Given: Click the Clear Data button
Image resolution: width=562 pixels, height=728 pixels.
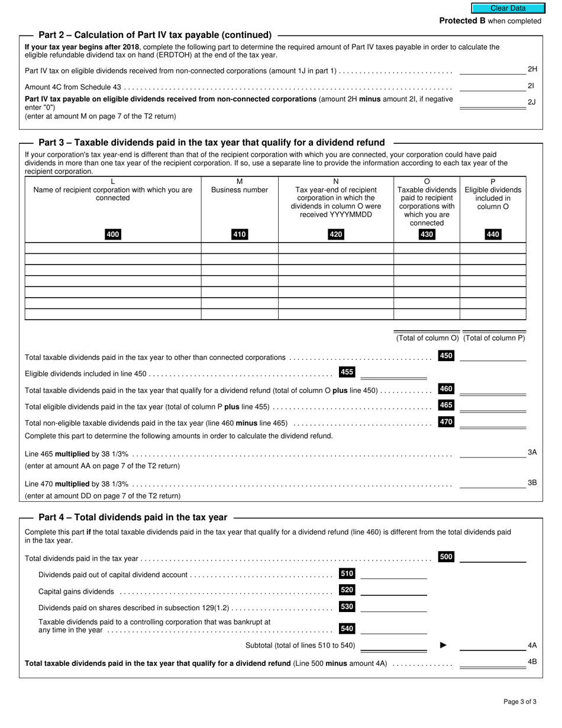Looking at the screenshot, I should click(508, 8).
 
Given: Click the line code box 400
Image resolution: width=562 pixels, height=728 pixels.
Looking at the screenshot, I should click(112, 234).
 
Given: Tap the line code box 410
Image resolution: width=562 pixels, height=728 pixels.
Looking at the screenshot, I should click(239, 234).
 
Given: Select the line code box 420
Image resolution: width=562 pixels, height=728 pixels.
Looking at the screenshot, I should click(335, 234).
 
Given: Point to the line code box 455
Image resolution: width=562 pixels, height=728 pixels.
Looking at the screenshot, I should click(347, 372).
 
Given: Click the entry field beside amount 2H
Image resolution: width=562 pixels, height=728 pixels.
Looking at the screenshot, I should click(492, 70).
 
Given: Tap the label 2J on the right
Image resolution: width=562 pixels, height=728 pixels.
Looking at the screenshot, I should click(531, 102).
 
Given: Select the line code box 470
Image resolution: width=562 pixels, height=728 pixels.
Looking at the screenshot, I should click(446, 422).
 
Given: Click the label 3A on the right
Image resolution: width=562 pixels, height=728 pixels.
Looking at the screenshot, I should click(532, 452).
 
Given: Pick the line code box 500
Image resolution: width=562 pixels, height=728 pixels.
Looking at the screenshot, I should click(446, 557).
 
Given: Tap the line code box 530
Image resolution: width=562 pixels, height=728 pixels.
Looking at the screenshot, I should click(347, 607).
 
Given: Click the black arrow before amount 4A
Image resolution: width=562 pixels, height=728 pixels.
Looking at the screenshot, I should click(443, 645).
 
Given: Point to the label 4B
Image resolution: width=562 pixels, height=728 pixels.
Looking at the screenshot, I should click(532, 661).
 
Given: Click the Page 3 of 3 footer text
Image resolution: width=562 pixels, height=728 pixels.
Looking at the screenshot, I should click(520, 702).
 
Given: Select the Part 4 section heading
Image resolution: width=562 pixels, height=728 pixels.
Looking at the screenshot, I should click(133, 517).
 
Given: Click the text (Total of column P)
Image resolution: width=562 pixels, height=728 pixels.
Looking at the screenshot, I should click(493, 338).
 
